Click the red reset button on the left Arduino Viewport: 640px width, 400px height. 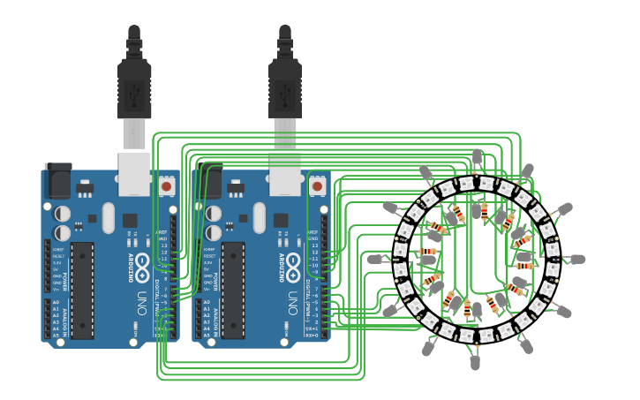pyautogui.click(x=166, y=186)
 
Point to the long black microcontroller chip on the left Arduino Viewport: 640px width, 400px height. pyautogui.click(x=82, y=290)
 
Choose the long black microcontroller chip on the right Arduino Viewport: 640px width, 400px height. pyautogui.click(x=233, y=290)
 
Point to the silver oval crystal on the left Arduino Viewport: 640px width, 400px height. pyautogui.click(x=109, y=217)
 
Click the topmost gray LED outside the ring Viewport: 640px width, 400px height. pyautogui.click(x=478, y=156)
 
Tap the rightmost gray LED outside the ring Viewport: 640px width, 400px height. pyautogui.click(x=577, y=260)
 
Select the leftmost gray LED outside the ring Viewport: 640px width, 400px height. pyautogui.click(x=374, y=260)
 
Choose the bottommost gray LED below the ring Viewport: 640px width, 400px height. pyautogui.click(x=475, y=362)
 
